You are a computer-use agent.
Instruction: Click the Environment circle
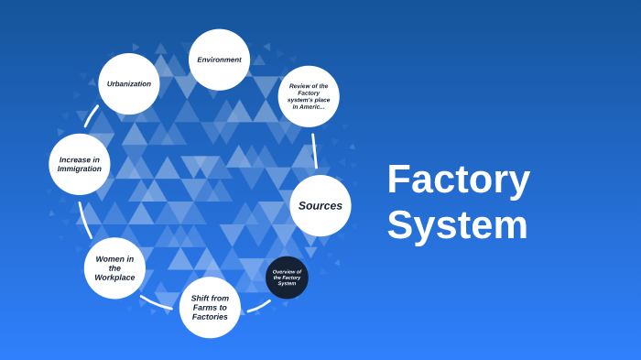[x=219, y=60]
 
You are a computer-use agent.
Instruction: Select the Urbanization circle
[x=129, y=83]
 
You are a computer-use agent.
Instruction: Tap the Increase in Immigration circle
[x=80, y=164]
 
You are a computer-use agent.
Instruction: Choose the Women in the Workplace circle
[x=114, y=267]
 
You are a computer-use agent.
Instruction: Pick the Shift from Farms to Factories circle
[x=210, y=307]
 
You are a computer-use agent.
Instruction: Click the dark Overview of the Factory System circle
[x=287, y=278]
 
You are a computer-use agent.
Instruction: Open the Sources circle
[x=320, y=205]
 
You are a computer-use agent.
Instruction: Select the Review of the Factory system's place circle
[x=309, y=96]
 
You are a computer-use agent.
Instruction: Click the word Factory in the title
[x=458, y=179]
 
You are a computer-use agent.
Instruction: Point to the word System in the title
[x=457, y=225]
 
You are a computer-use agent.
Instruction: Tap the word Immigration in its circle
[x=80, y=169]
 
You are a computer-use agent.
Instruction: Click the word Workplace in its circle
[x=114, y=278]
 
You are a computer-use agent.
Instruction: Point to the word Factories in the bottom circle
[x=210, y=317]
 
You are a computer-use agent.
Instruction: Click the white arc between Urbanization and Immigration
[x=91, y=115]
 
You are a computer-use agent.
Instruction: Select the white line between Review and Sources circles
[x=314, y=150]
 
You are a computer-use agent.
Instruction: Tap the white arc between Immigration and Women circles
[x=83, y=221]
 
